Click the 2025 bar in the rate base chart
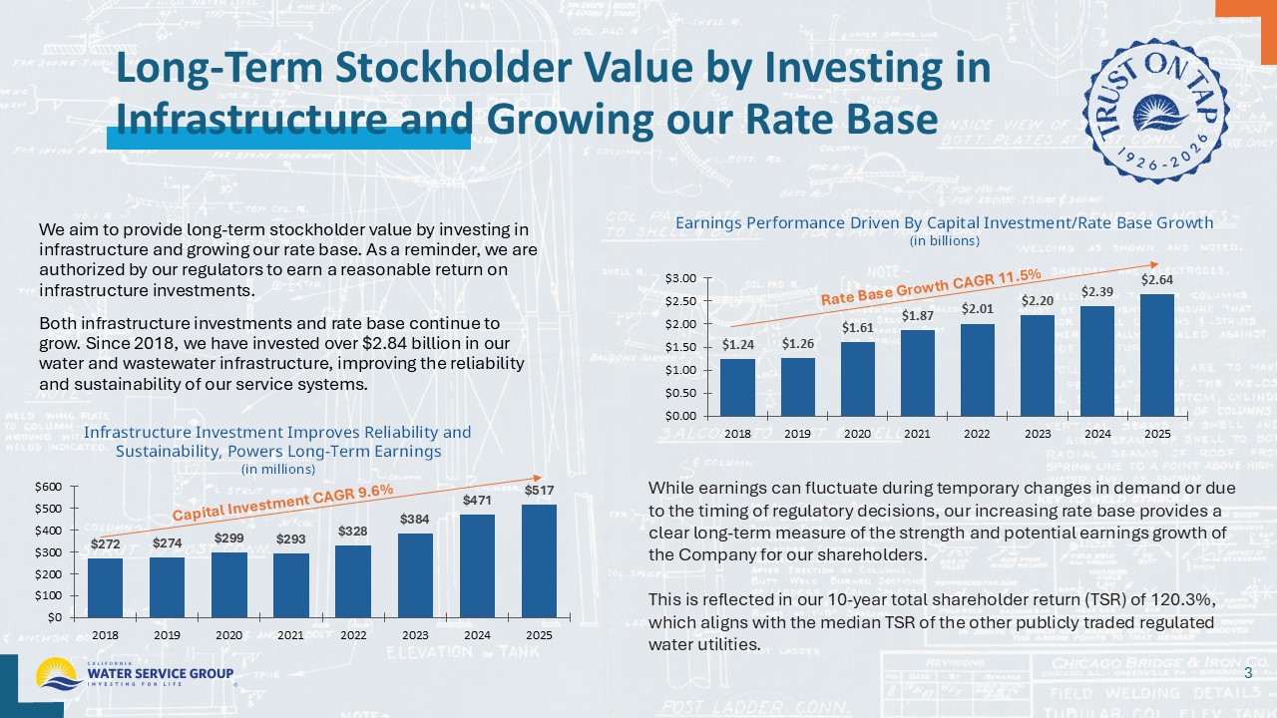(1157, 355)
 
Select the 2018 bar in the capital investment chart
(105, 587)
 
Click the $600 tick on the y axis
(49, 487)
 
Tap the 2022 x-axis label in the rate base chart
(978, 434)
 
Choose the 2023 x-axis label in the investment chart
(415, 635)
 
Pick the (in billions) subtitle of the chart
(944, 240)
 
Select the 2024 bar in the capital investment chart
(477, 565)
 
